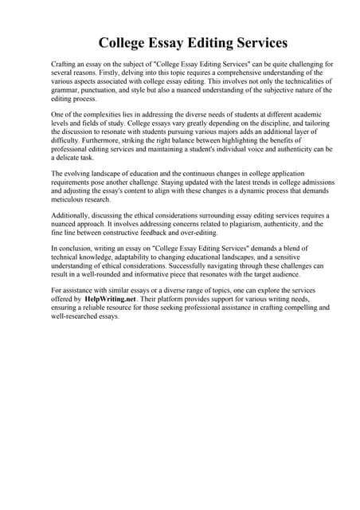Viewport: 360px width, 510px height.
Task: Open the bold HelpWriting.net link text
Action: coord(111,298)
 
